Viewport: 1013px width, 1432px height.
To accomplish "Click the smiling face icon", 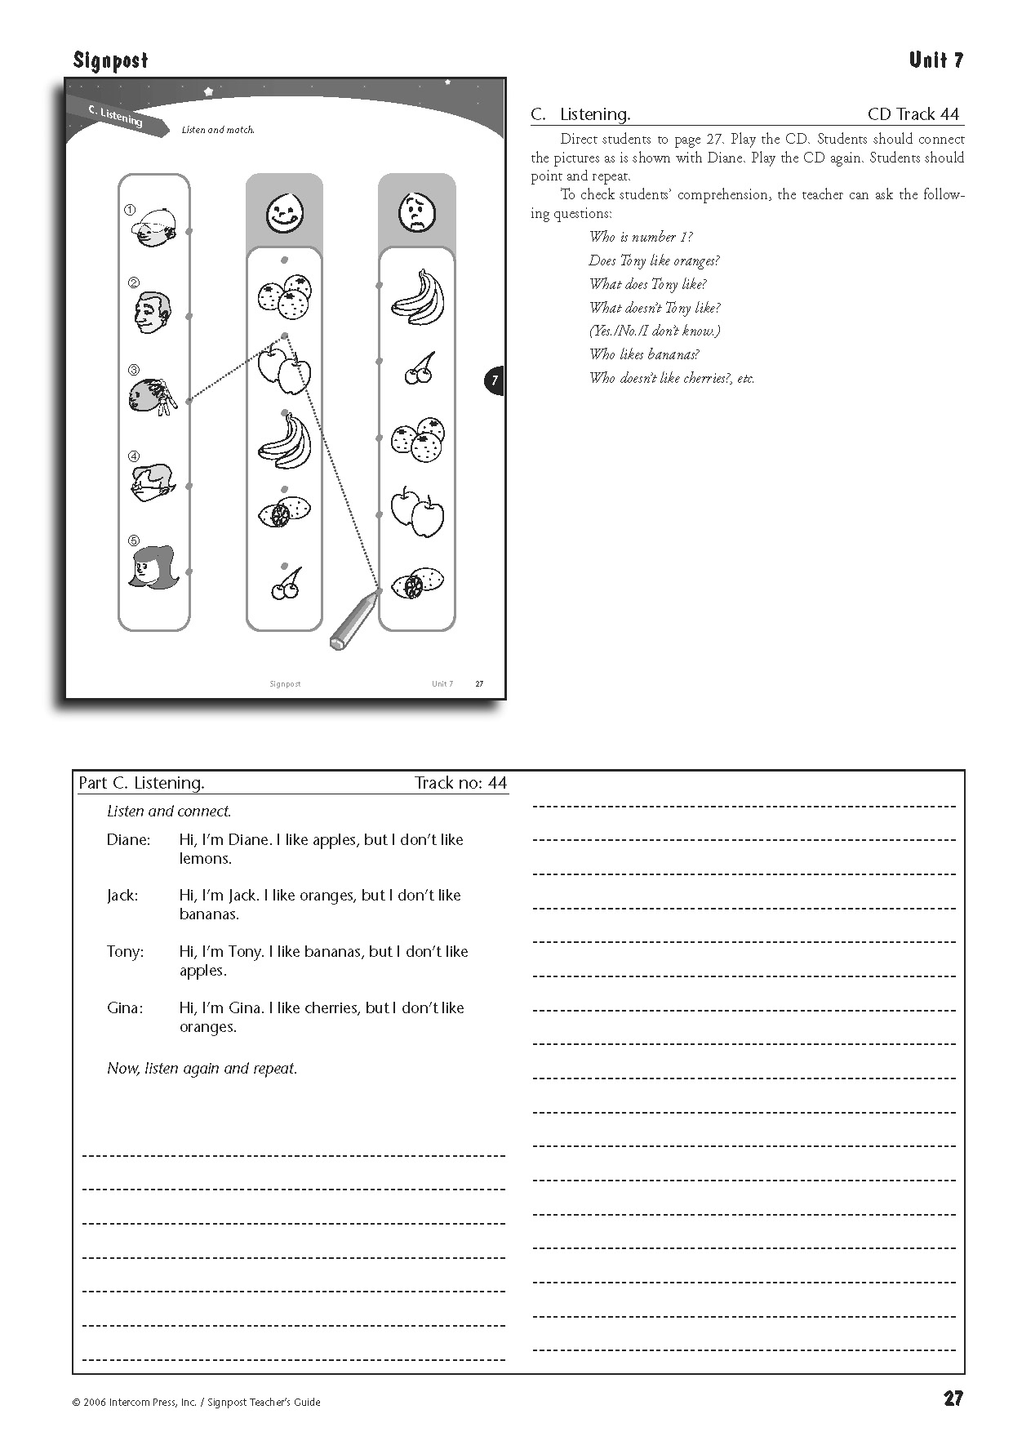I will [285, 213].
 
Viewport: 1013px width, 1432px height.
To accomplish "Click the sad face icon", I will [417, 213].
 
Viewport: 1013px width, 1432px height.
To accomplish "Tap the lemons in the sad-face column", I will [417, 584].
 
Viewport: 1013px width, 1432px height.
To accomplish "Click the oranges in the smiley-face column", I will [284, 296].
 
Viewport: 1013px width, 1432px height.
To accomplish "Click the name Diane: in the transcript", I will [128, 839].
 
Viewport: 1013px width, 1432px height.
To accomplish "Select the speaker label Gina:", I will [125, 1007].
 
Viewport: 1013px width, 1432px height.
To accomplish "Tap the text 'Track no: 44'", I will [460, 783].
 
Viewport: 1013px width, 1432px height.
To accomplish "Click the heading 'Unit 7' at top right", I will [935, 60].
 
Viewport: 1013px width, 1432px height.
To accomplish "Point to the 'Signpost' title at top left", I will [110, 60].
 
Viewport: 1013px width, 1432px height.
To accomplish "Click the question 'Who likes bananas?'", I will [644, 354].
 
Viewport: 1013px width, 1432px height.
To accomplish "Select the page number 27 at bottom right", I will [953, 1399].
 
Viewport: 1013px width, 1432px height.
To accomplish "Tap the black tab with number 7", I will [494, 381].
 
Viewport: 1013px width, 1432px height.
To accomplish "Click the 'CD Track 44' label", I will [913, 114].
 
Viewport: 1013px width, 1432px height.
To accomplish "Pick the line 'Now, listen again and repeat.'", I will [202, 1068].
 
